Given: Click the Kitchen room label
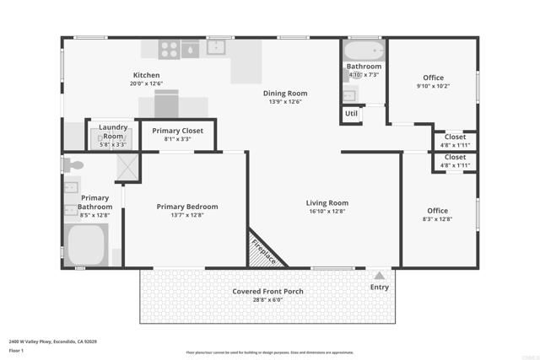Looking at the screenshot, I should coord(146,74).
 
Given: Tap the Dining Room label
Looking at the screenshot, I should coord(288,93).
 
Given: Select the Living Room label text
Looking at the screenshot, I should coord(327,203).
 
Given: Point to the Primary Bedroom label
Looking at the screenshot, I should coord(187,207).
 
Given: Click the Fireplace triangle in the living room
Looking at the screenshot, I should coord(263,251).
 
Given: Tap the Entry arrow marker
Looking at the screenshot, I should coord(380,275).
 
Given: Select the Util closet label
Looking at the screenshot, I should coord(351,113).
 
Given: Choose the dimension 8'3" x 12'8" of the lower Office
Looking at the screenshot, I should coord(437,219).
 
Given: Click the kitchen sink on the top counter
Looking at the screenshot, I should coord(217,46).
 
